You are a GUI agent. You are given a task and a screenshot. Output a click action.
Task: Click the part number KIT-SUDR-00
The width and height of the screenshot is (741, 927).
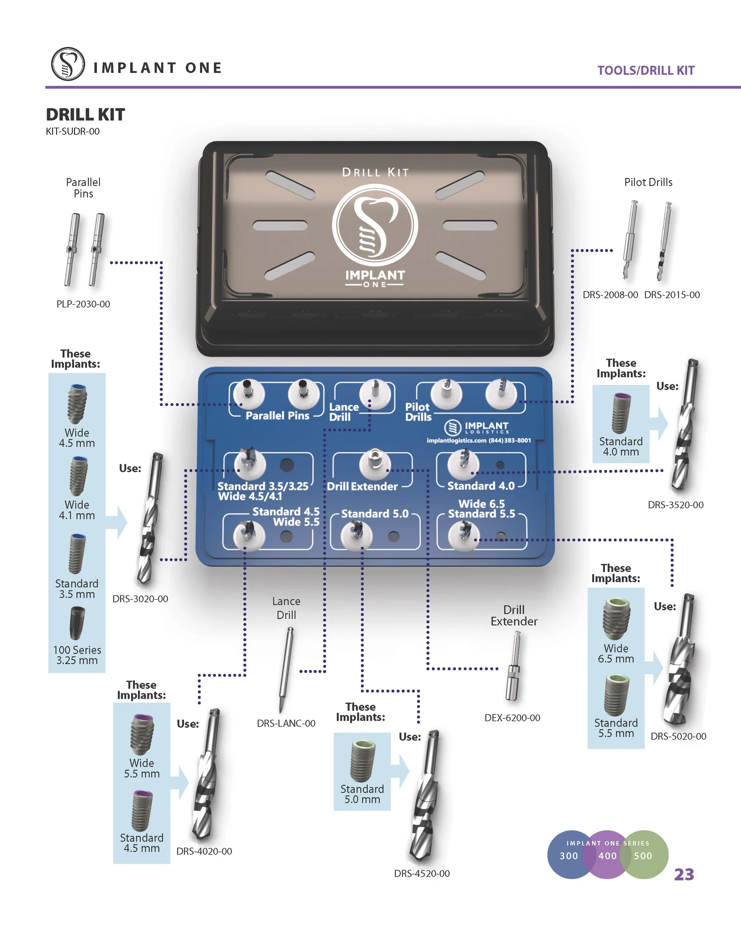tap(72, 132)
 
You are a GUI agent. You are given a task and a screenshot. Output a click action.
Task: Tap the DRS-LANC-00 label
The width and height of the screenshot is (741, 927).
tap(286, 723)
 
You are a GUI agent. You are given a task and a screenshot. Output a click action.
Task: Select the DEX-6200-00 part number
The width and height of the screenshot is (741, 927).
tap(512, 718)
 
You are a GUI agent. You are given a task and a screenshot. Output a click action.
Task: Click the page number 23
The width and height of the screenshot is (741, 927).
tap(684, 874)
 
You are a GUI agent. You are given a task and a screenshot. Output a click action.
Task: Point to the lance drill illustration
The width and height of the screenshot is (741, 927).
tap(285, 670)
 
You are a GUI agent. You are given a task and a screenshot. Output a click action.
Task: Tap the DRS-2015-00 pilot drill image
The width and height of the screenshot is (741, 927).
tap(664, 242)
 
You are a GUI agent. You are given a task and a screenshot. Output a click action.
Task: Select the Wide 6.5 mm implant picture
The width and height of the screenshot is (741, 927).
tap(616, 618)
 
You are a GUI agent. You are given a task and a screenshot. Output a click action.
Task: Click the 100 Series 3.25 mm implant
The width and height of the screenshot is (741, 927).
tap(77, 624)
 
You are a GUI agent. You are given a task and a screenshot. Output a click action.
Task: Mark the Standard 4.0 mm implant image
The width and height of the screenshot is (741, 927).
tap(621, 414)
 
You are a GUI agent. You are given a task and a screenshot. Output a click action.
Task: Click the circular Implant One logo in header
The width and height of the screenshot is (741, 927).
tap(68, 64)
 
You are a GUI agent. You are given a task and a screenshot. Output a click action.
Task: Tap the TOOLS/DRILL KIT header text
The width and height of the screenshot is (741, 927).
tap(646, 71)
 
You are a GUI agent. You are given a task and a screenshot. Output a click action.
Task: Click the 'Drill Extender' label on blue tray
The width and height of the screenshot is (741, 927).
tap(362, 487)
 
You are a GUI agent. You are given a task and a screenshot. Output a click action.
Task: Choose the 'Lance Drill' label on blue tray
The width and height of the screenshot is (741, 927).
tap(343, 412)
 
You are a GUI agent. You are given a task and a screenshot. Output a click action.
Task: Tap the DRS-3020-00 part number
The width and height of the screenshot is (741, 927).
tap(140, 599)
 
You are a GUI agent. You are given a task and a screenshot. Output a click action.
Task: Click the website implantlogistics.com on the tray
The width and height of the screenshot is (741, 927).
tap(456, 440)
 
